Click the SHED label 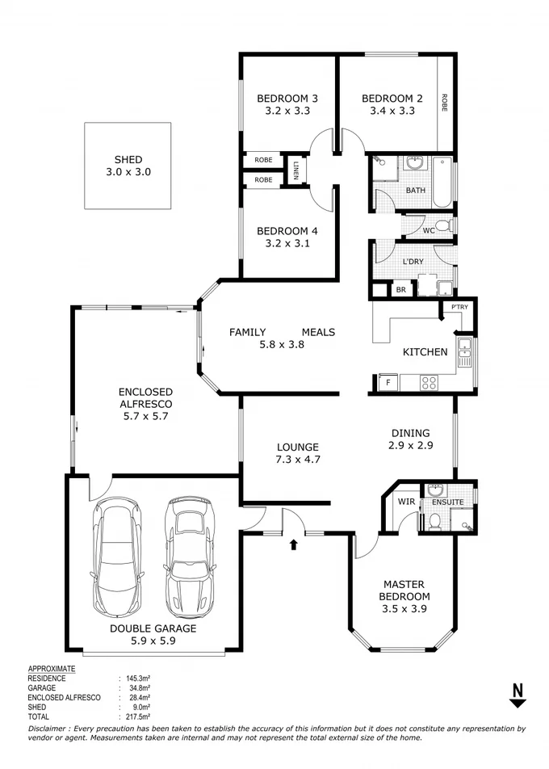[x=128, y=160]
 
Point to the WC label [x=429, y=230]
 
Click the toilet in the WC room [x=443, y=225]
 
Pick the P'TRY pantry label [x=459, y=307]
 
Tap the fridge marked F [x=388, y=384]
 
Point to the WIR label [x=405, y=502]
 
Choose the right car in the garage [x=189, y=557]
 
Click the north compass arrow [x=518, y=695]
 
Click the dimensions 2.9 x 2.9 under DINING [x=409, y=446]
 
